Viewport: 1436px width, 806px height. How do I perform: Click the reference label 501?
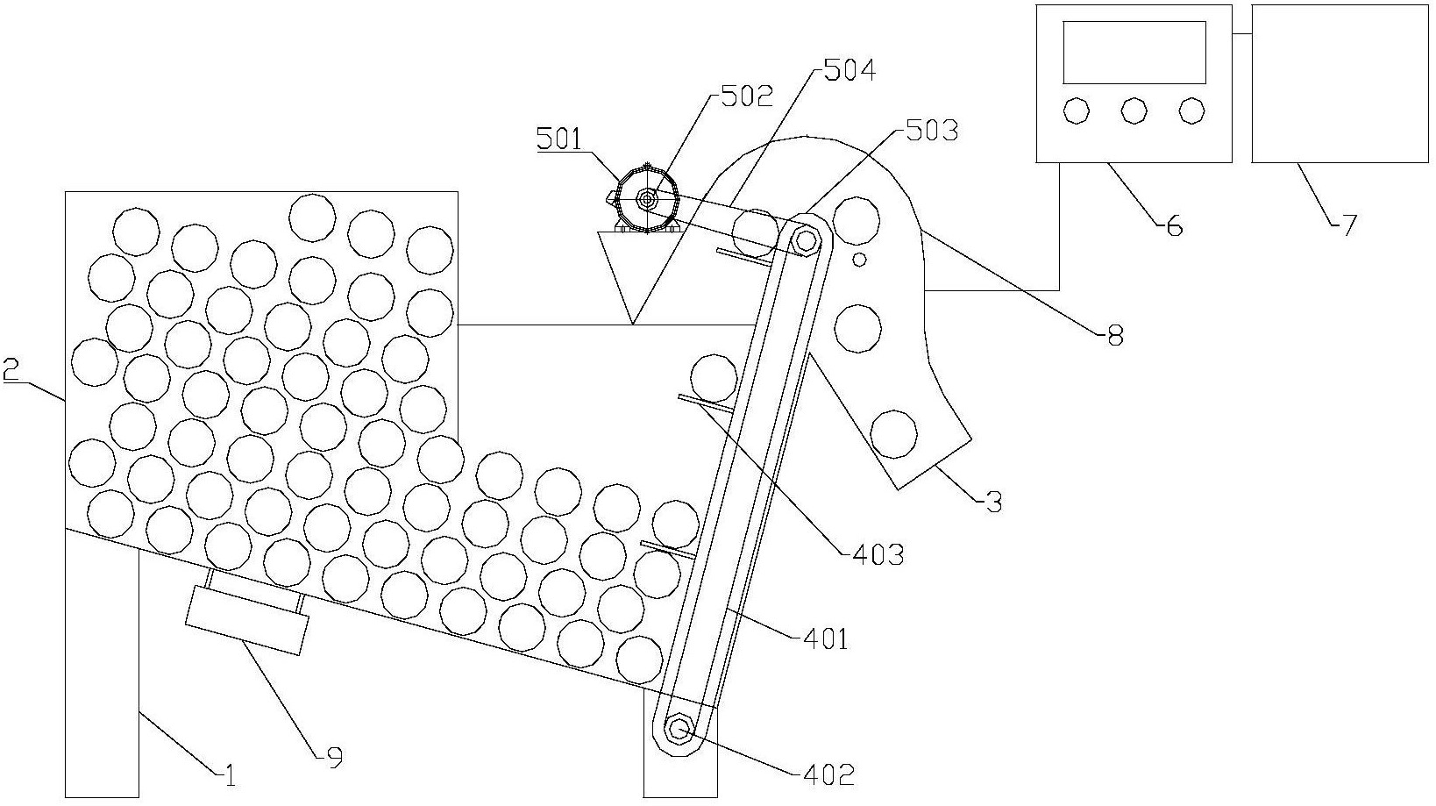tap(559, 139)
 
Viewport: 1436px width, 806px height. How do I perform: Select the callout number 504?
tap(850, 70)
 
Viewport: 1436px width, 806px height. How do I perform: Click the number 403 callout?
tap(878, 555)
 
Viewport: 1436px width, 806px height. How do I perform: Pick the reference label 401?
tap(826, 638)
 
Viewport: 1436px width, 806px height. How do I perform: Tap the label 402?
tap(829, 775)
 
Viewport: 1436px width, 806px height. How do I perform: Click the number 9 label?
tap(335, 758)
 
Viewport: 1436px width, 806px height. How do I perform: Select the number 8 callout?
tap(1115, 335)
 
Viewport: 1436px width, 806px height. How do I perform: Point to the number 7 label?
tap(1349, 225)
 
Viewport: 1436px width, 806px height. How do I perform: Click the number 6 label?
tap(1175, 225)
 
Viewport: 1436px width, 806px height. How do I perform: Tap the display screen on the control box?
tap(1134, 52)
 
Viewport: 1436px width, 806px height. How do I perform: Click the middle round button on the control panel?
tap(1134, 111)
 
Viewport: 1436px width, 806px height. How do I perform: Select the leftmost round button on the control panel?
tap(1076, 111)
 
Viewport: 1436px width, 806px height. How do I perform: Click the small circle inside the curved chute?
tap(860, 260)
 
